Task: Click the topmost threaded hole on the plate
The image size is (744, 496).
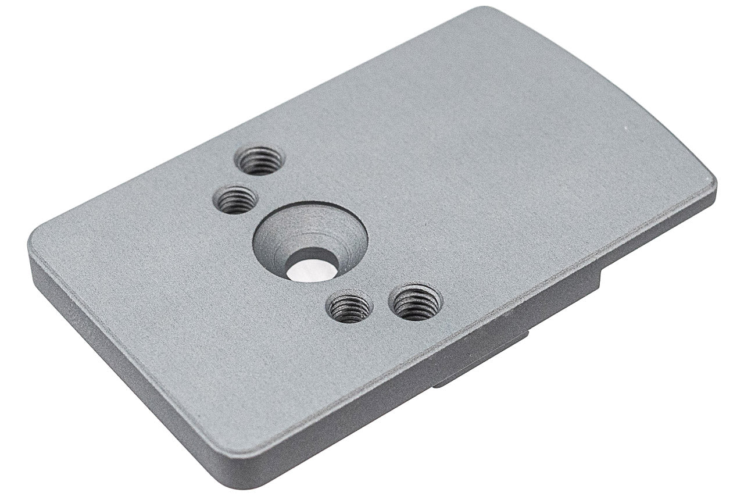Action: [x=260, y=160]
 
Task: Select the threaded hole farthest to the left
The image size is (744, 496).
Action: [x=235, y=200]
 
